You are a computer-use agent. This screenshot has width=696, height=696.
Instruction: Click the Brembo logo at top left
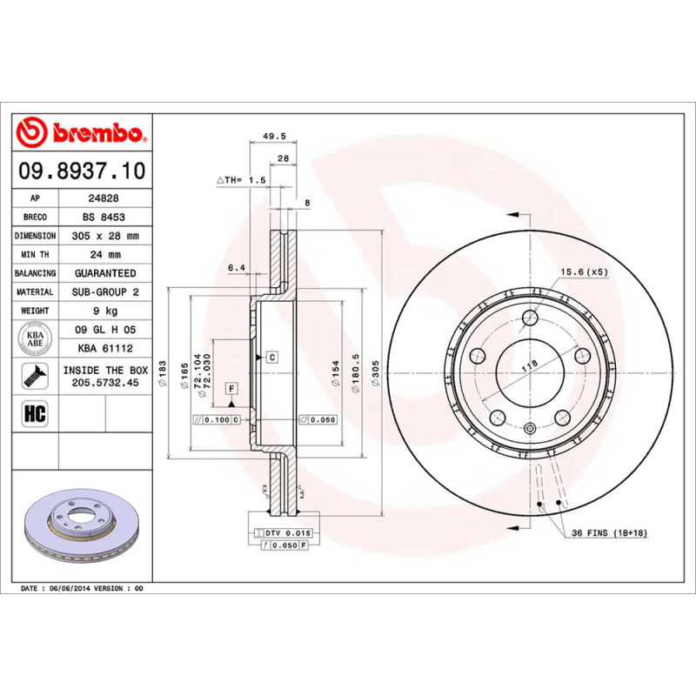pyautogui.click(x=80, y=133)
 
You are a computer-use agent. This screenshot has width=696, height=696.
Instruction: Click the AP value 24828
pyautogui.click(x=104, y=197)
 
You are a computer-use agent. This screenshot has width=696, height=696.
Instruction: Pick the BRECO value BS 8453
pyautogui.click(x=104, y=217)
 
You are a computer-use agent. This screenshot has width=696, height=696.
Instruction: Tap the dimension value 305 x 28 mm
pyautogui.click(x=104, y=236)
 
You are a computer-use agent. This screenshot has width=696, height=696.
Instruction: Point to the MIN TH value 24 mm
pyautogui.click(x=104, y=255)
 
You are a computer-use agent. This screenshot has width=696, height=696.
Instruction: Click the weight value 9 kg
pyautogui.click(x=104, y=311)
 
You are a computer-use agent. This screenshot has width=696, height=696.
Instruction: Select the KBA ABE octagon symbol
pyautogui.click(x=36, y=338)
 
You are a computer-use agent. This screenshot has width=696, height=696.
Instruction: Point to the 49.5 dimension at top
pyautogui.click(x=274, y=137)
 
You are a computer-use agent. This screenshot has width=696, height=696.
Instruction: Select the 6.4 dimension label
pyautogui.click(x=236, y=268)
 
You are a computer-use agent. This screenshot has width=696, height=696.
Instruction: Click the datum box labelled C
pyautogui.click(x=271, y=358)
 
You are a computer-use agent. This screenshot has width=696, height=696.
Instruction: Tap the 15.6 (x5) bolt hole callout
pyautogui.click(x=583, y=271)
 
